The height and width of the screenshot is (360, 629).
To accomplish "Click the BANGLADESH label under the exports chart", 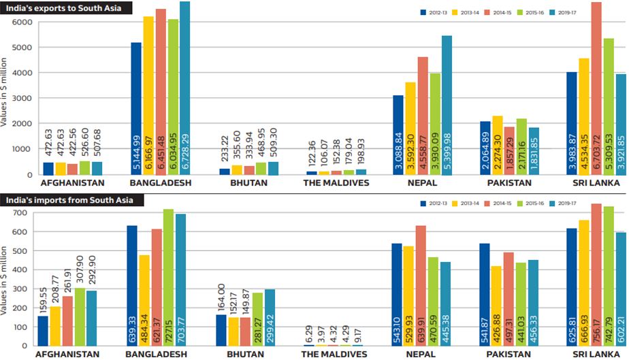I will point(161,183).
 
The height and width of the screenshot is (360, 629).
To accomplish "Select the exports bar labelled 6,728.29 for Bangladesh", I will point(185,88).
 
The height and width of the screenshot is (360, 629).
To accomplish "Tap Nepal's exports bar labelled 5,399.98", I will point(446,105).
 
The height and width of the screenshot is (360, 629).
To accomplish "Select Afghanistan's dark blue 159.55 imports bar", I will point(43,331).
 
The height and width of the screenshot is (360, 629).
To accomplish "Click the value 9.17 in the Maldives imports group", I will point(358,336).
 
